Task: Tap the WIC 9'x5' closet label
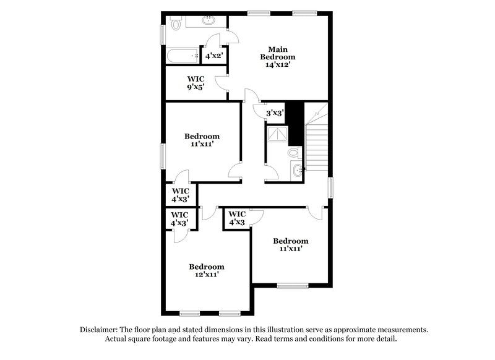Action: [x=197, y=83]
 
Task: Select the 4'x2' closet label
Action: [x=213, y=56]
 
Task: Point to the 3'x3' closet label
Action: [x=274, y=113]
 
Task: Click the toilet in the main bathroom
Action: [x=175, y=24]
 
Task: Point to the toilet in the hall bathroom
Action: [x=293, y=152]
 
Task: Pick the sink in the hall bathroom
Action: [x=299, y=169]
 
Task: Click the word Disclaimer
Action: [x=101, y=330]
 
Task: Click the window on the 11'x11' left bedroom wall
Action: [x=163, y=152]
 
